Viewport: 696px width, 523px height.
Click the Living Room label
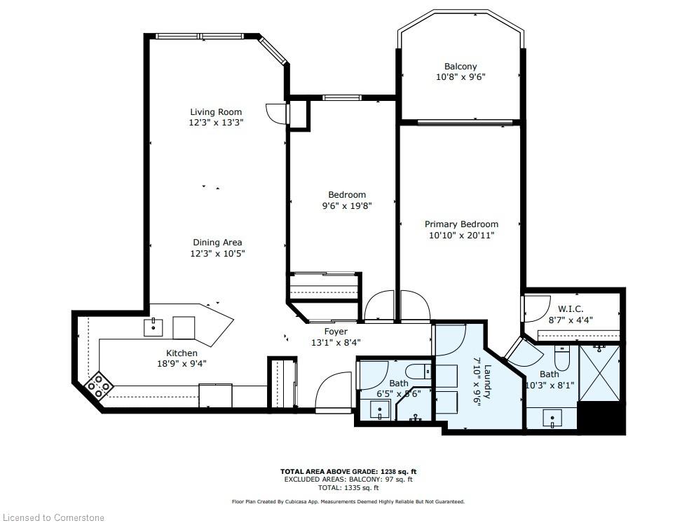(216, 112)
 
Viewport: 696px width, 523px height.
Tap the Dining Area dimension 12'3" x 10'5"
(217, 254)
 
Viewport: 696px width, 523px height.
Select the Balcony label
(460, 67)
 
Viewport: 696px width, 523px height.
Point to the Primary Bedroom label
(461, 224)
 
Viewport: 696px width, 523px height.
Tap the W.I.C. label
(571, 308)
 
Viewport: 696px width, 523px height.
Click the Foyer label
(336, 332)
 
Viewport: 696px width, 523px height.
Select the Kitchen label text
(182, 353)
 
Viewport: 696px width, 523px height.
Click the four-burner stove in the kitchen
(100, 385)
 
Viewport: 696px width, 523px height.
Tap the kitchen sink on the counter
(153, 327)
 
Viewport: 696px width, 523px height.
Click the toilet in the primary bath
(561, 359)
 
